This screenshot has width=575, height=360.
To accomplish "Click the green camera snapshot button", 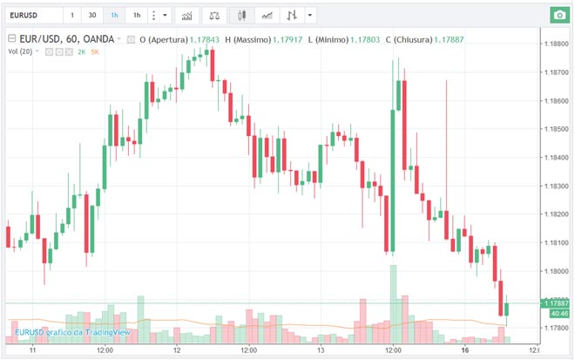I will coord(558,16).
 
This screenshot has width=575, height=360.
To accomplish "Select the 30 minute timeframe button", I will coord(92,16).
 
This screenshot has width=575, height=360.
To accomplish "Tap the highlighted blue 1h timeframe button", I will coord(115,16).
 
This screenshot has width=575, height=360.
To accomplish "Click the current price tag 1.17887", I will coord(555,302).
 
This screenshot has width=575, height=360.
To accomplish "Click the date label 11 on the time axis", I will coord(31,350).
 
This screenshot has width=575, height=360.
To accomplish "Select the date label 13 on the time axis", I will coord(321,350).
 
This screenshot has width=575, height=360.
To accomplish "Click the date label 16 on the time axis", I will coord(465,350).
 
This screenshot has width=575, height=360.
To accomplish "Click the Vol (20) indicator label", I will coord(22,52).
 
